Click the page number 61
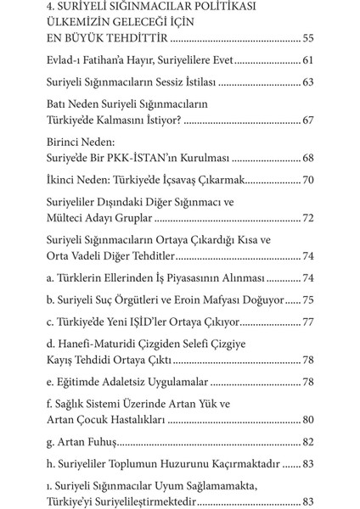coord(306,62)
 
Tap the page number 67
coord(306,121)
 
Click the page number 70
coord(306,181)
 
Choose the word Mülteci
coord(68,218)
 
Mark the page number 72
coord(306,218)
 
